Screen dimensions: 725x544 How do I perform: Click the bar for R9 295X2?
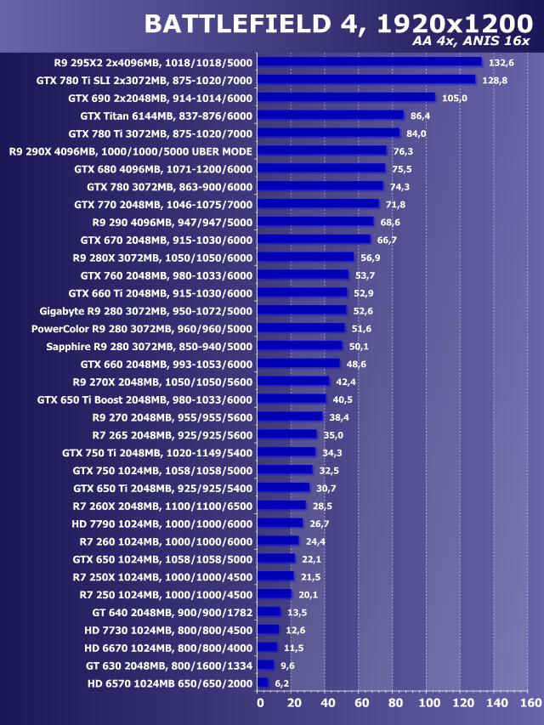(x=369, y=62)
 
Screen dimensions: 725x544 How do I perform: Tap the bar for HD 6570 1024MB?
(x=263, y=683)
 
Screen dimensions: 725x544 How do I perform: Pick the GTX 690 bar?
(x=346, y=98)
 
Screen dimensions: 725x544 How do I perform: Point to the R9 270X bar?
(x=292, y=381)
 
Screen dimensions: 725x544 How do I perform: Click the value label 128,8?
(x=495, y=80)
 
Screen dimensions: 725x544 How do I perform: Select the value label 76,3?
(x=403, y=150)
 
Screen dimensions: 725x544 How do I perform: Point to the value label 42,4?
(x=345, y=381)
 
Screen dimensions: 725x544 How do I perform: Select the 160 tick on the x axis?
(x=530, y=703)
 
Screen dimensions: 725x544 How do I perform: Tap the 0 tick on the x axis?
(x=260, y=703)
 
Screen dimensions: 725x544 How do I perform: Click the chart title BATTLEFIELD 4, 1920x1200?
(x=331, y=24)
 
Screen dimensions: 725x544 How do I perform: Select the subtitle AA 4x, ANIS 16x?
(x=470, y=41)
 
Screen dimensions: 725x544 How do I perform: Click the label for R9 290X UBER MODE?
(x=131, y=150)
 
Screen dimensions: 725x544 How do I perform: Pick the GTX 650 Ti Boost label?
(x=144, y=399)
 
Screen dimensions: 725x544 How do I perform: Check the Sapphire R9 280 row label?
(x=149, y=346)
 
